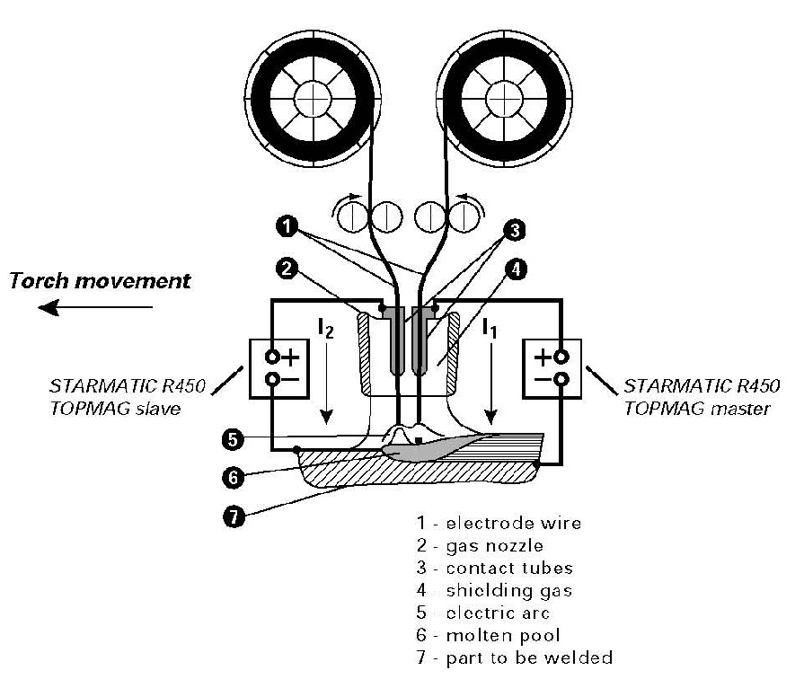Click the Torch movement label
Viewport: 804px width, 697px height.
click(x=100, y=280)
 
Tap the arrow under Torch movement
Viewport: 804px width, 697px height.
click(x=94, y=308)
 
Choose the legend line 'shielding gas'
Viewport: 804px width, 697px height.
click(x=495, y=590)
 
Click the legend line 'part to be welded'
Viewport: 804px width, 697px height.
click(x=514, y=658)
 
